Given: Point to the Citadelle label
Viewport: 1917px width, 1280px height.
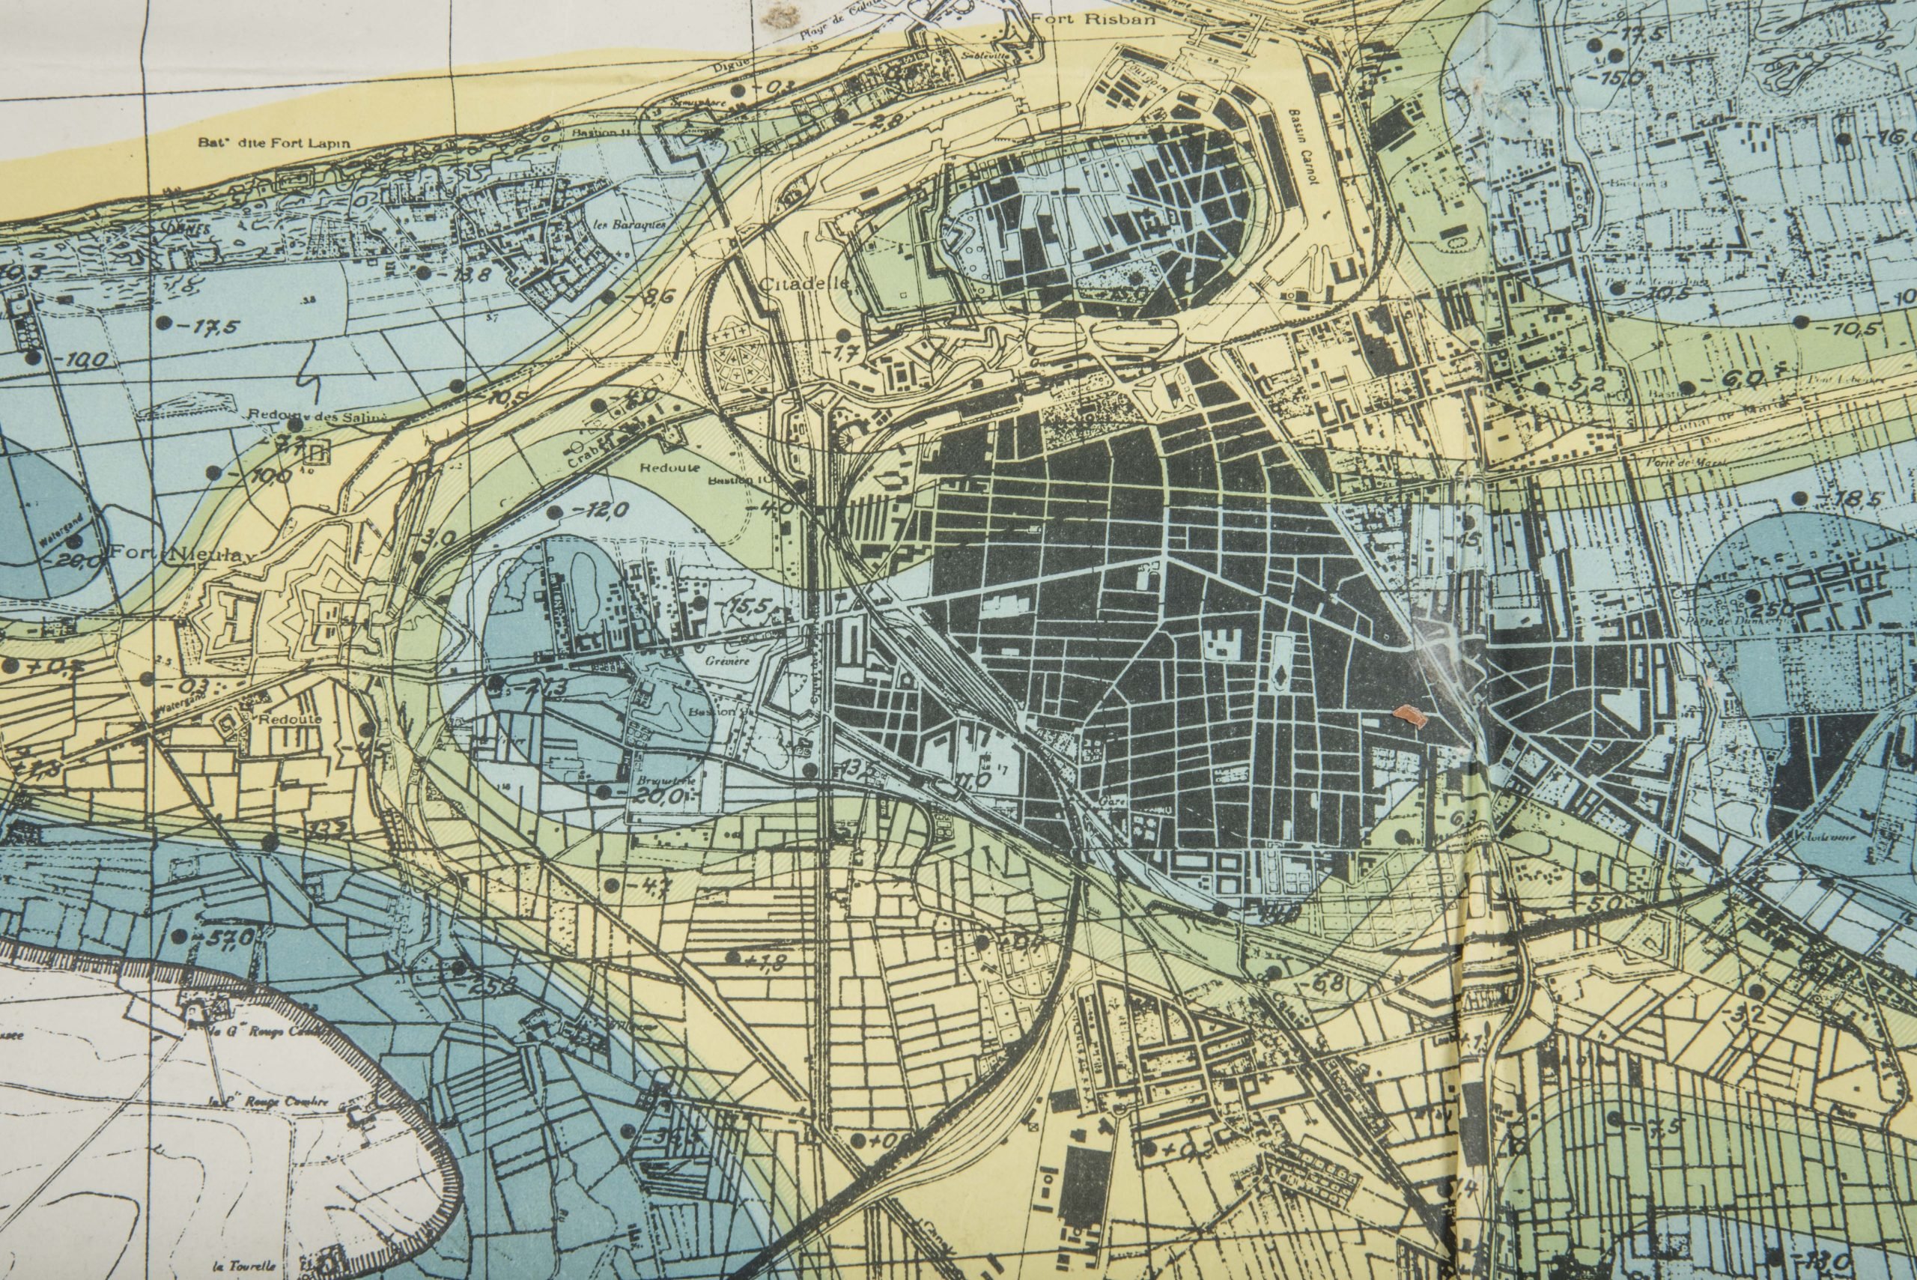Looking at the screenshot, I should click(x=803, y=284).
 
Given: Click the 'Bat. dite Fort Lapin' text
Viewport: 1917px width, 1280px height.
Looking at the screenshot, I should click(x=273, y=143).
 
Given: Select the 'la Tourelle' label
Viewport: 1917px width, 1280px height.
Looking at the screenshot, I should click(x=242, y=1266).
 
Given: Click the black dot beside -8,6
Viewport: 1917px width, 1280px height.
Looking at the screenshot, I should click(x=609, y=294).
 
